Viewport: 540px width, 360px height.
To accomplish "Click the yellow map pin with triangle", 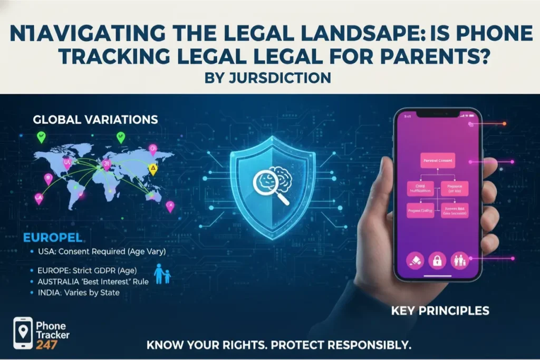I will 153,169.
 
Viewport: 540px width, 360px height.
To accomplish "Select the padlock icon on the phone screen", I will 437,260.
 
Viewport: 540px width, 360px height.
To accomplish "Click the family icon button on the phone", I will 460,260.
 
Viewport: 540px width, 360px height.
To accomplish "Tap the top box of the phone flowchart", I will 439,159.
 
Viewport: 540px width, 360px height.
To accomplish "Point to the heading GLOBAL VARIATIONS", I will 95,119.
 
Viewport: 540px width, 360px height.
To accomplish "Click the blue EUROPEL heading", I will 52,238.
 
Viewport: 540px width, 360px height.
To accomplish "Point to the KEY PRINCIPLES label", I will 440,311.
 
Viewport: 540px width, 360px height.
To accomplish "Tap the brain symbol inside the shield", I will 278,179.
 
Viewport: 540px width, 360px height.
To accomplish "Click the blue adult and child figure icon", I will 162,275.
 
